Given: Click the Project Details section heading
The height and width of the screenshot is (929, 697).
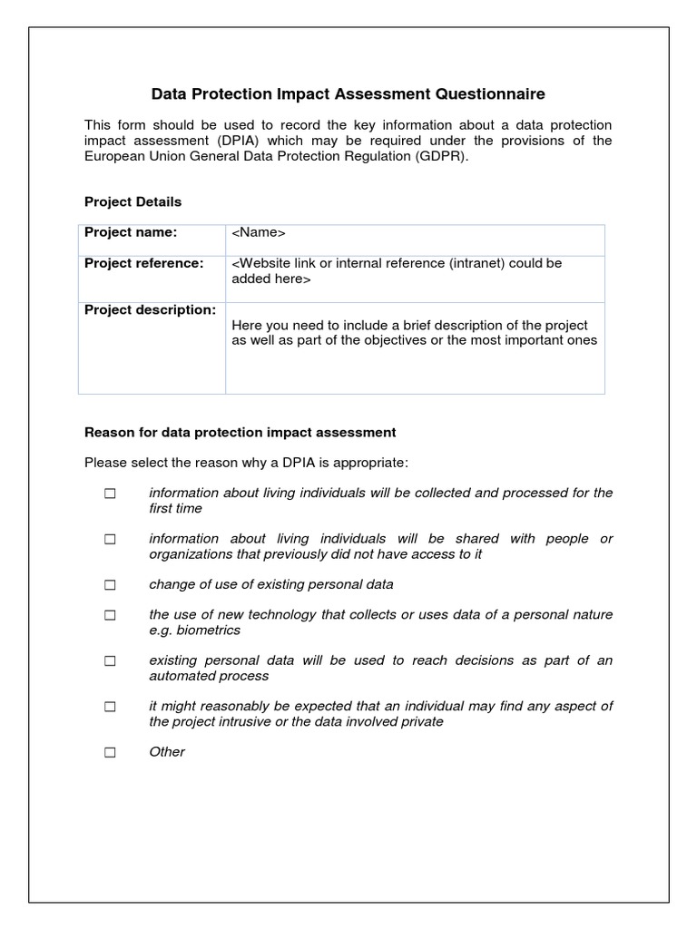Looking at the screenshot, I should (133, 201).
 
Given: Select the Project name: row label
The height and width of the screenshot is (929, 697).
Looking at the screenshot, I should (131, 232).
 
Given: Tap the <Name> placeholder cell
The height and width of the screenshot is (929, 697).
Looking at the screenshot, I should (259, 233).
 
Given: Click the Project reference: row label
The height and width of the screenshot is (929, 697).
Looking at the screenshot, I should (143, 263).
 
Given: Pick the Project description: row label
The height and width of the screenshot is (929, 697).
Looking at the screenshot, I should (150, 310).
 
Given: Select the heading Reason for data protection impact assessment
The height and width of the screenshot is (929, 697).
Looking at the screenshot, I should (240, 433).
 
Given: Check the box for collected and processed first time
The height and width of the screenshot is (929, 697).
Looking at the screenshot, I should (110, 494).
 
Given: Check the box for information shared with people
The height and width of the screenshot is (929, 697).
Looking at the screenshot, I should (110, 539).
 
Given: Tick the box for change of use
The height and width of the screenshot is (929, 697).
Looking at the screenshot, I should (110, 585).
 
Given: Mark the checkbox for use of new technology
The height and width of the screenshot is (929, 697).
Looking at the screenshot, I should (110, 615).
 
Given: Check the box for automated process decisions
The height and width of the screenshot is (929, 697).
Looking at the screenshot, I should (110, 661).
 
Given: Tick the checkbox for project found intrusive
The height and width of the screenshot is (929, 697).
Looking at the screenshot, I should (110, 707).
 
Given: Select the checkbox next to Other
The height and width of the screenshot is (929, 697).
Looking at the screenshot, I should (110, 752).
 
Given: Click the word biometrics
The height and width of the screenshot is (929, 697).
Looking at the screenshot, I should (208, 630).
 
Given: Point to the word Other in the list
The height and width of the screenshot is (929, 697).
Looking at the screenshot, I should (167, 752).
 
